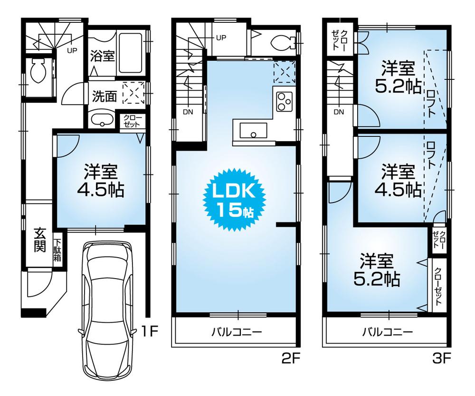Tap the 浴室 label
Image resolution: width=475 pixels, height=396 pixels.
pyautogui.click(x=102, y=55)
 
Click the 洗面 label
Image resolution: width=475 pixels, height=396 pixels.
pyautogui.click(x=104, y=96)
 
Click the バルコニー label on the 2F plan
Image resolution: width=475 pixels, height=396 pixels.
pyautogui.click(x=237, y=331)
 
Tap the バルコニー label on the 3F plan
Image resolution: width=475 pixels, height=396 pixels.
pyautogui.click(x=387, y=331)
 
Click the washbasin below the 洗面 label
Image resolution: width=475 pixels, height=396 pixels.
pyautogui.click(x=100, y=121)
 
